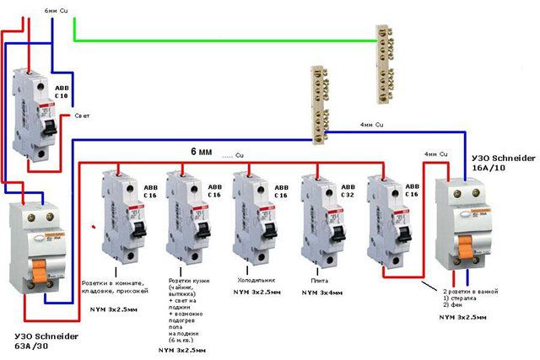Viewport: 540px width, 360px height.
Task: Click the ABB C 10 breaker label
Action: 64,90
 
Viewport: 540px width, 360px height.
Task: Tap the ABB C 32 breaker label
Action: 348,191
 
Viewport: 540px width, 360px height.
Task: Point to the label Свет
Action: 83,115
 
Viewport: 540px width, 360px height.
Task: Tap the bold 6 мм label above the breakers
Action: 201,152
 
